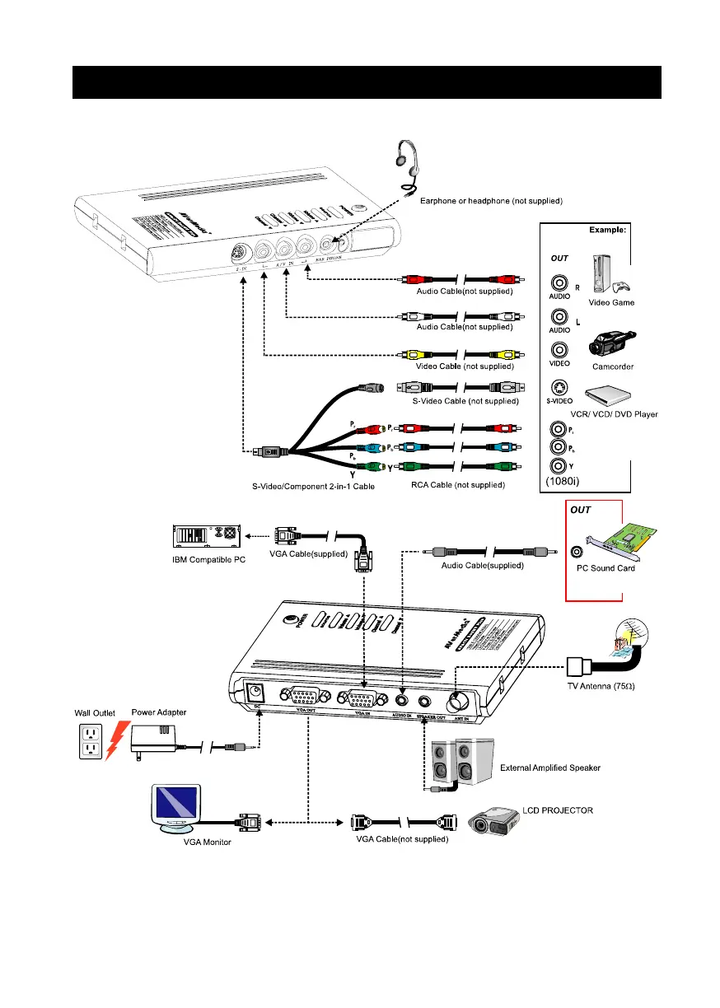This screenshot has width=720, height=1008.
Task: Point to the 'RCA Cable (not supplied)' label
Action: click(458, 486)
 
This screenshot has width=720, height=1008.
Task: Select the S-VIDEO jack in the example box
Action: click(560, 387)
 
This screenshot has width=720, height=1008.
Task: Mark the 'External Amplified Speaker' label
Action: click(550, 768)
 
